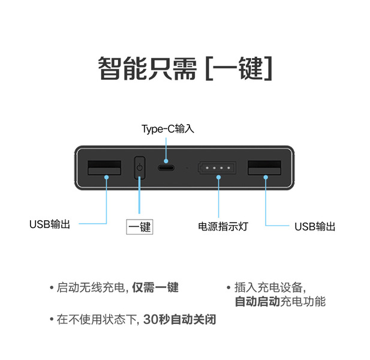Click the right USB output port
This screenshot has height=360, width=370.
pyautogui.click(x=264, y=169)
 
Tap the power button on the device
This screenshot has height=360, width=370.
pyautogui.click(x=139, y=169)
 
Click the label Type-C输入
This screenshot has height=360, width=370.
pyautogui.click(x=168, y=129)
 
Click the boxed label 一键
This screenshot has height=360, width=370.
pyautogui.click(x=139, y=227)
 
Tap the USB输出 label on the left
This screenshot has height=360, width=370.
pyautogui.click(x=50, y=224)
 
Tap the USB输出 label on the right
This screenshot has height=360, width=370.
pyautogui.click(x=315, y=227)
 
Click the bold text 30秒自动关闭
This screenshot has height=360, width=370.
pyautogui.click(x=179, y=320)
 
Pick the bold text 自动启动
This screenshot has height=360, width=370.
pyautogui.click(x=257, y=302)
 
